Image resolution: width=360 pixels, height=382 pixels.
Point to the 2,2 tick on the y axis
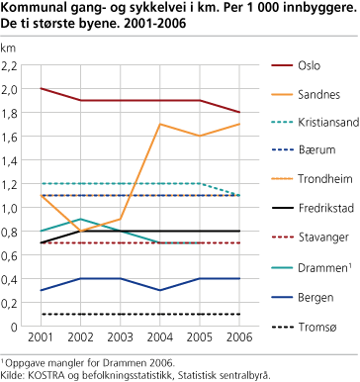point(12,65)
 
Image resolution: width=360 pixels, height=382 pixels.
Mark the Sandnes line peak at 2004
point(161,125)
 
